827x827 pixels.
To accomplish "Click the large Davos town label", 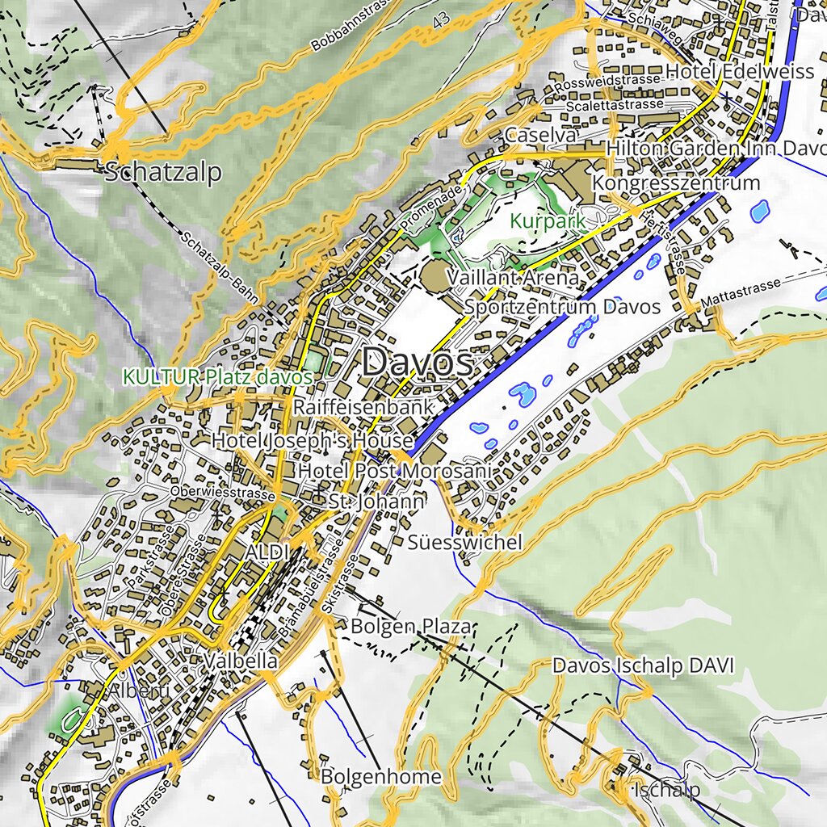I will [418, 363].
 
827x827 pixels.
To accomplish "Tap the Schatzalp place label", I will [163, 172].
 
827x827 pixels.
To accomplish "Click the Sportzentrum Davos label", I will [562, 307].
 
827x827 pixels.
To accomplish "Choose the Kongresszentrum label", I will [675, 183].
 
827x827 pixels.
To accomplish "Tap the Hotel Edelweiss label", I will [740, 72].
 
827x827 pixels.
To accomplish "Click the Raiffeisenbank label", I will [363, 406].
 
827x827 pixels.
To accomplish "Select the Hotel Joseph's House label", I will [313, 441].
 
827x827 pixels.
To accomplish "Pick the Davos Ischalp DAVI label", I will [643, 665].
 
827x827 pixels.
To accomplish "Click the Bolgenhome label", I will [381, 777].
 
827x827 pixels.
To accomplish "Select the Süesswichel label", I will [464, 542].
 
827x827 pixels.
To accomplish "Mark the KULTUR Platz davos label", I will [217, 376].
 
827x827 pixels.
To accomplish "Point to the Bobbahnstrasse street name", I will [351, 28].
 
